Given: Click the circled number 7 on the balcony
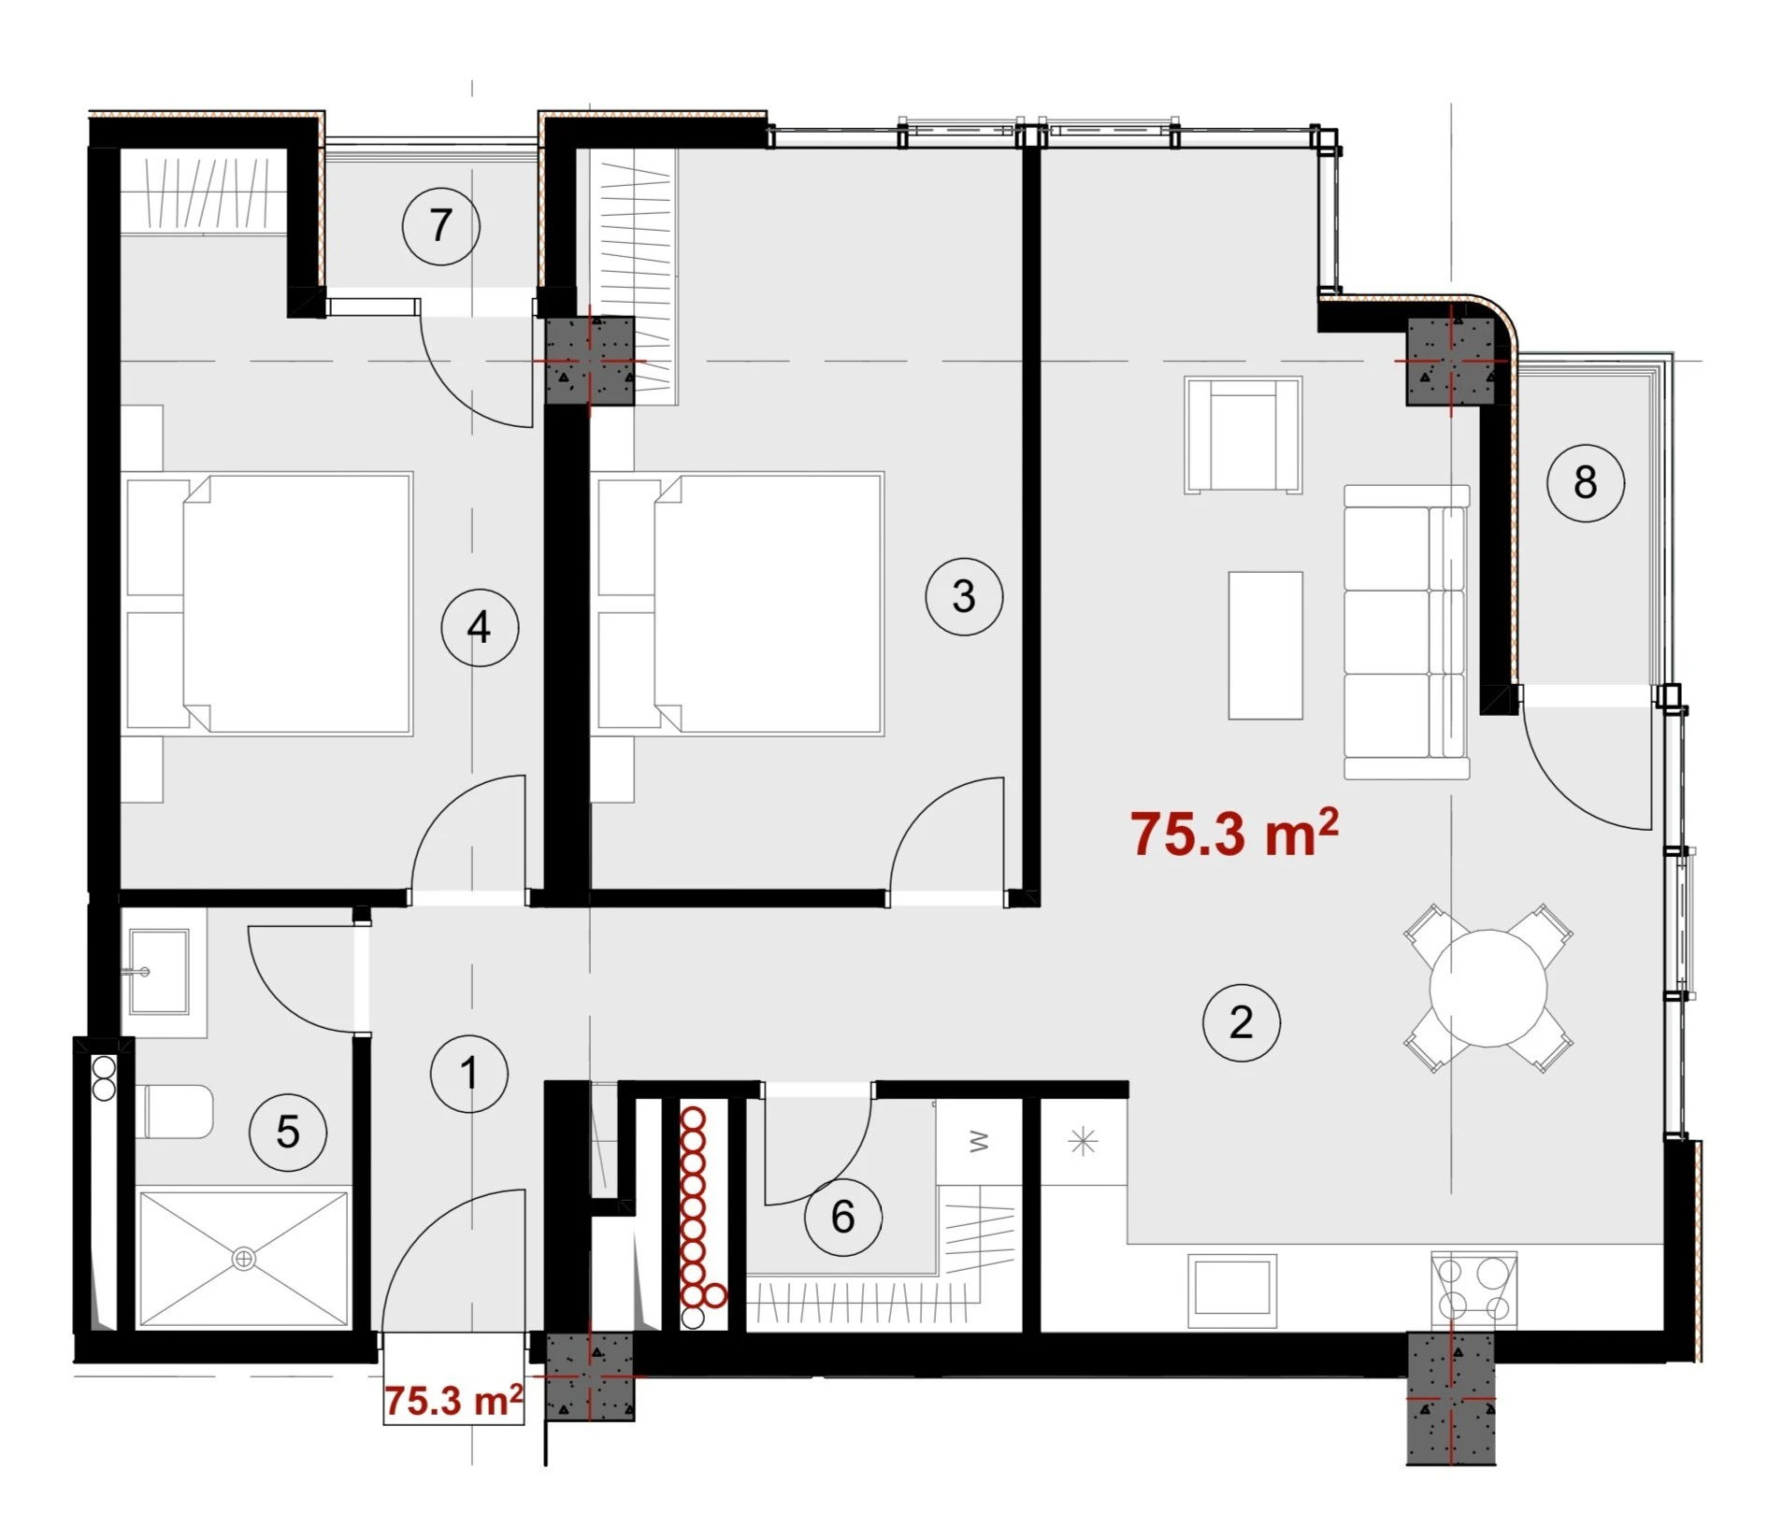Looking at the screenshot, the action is pos(440,225).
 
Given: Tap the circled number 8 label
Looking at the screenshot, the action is pos(1585,482).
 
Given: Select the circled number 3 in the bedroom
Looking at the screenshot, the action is pos(964,596).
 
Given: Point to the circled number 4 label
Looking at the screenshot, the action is pos(480,627).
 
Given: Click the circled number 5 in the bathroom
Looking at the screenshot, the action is pos(288,1133).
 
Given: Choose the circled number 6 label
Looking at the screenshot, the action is pos(842,1217).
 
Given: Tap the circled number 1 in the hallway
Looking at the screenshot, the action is pos(469,1074).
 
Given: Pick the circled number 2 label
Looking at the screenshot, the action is pos(1241,1022).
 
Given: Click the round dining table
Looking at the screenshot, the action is pos(1488,988).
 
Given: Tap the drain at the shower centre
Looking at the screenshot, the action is pos(243,1259).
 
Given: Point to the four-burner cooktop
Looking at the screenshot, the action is pos(1473,1287).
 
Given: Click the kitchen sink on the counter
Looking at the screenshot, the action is pos(1232,1291).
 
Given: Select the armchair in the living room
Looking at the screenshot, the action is pos(1243,435).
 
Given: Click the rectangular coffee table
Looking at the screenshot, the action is pos(1265,646).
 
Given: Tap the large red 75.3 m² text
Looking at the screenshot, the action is pos(1234,833).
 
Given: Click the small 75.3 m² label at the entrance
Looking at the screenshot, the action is pos(453,1402).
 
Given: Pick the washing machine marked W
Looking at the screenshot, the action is pos(979,1142).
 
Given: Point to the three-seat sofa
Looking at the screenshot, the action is pos(1406,632).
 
